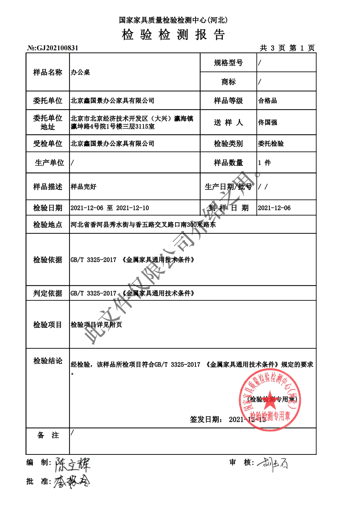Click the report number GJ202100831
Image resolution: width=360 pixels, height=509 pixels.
click(x=57, y=48)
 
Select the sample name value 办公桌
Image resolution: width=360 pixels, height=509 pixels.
click(x=80, y=72)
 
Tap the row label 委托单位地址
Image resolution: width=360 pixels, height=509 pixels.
click(x=48, y=122)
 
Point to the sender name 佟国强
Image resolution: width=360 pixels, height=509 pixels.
click(x=268, y=122)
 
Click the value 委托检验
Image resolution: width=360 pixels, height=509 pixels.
click(x=271, y=144)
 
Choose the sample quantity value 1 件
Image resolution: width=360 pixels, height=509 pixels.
click(x=264, y=163)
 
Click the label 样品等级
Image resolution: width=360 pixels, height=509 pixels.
click(x=228, y=101)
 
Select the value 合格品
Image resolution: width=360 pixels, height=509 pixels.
click(x=268, y=101)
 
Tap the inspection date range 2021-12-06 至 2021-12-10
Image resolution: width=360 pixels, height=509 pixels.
click(x=110, y=208)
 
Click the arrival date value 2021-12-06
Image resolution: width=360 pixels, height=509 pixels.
click(x=274, y=208)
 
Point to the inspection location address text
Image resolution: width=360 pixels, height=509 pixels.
click(x=143, y=225)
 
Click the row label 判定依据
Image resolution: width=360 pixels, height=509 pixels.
click(x=48, y=293)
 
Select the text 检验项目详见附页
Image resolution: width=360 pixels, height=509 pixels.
click(x=96, y=325)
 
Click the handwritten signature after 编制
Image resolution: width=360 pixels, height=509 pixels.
click(x=72, y=464)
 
